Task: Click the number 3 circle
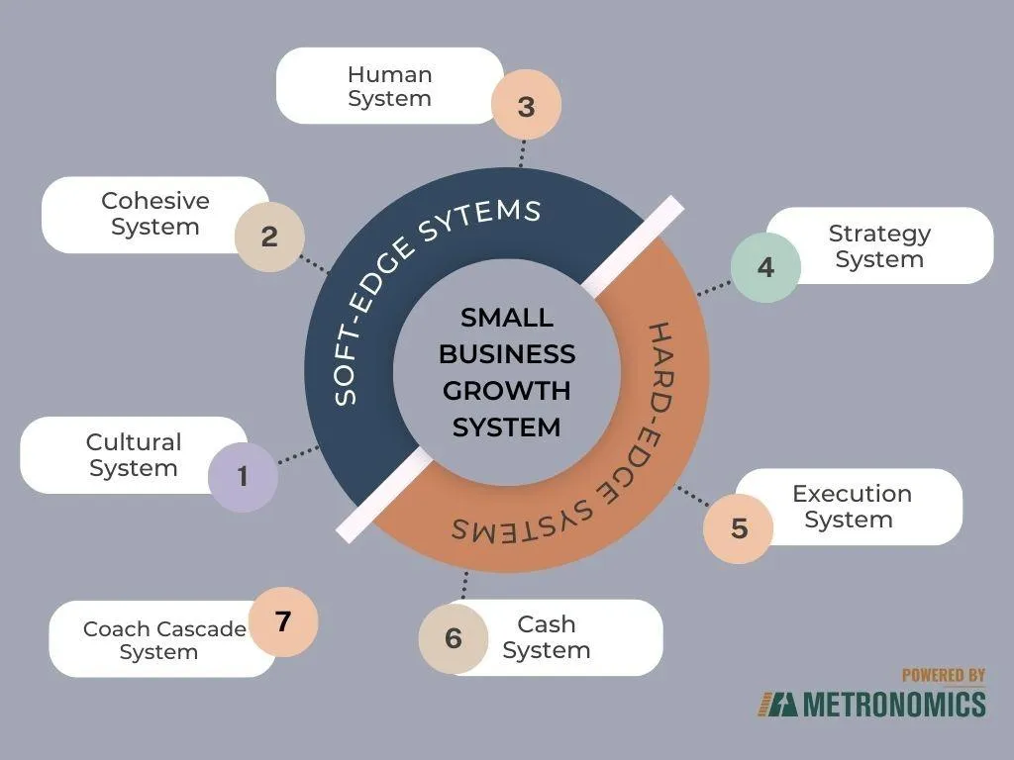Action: (526, 106)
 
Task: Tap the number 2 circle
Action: (269, 237)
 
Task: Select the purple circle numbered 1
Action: (243, 477)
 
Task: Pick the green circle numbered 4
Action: (765, 267)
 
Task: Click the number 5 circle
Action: (739, 528)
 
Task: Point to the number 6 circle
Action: (453, 638)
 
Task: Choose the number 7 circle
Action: (283, 621)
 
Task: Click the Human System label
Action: (389, 86)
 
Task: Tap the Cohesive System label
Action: (155, 214)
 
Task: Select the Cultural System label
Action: (134, 455)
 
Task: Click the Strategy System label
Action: (879, 246)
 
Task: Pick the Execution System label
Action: (851, 506)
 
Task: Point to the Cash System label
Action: (546, 637)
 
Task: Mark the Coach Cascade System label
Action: (163, 640)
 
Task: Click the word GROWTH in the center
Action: (507, 390)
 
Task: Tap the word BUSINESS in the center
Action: (507, 354)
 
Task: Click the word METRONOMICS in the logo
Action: (893, 704)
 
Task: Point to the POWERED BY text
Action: (944, 676)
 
